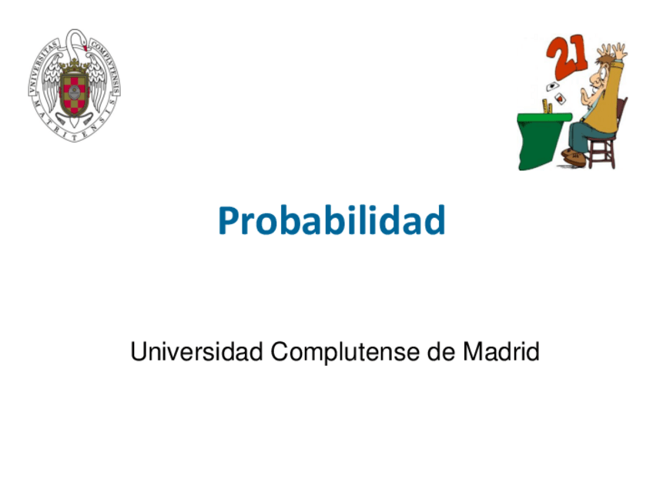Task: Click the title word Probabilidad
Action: click(331, 221)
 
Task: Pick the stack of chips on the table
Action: click(549, 106)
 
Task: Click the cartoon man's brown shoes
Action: click(574, 158)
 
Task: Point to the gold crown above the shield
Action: click(74, 67)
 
